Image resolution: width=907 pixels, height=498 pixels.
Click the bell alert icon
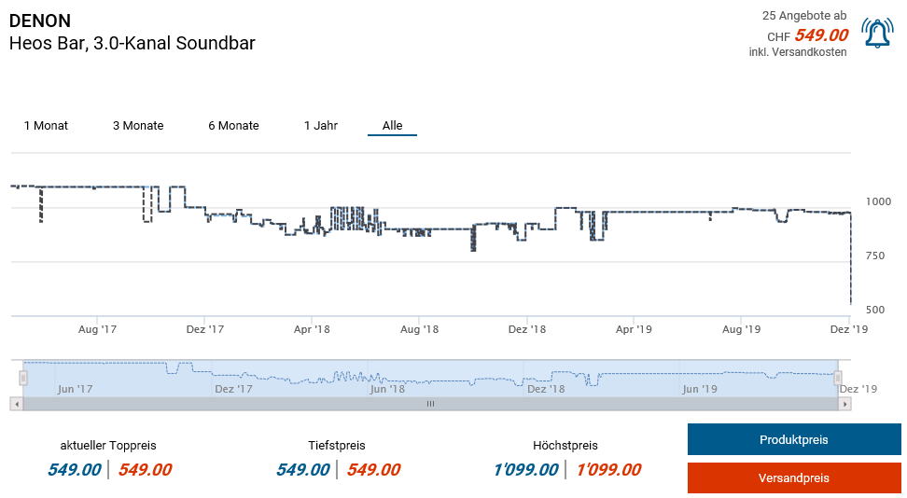877,34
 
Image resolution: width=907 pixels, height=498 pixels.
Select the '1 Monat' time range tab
46,126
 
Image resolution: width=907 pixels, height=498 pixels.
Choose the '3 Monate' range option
138,126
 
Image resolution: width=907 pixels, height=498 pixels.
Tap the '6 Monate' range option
233,126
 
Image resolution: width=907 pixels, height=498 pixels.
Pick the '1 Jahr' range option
321,126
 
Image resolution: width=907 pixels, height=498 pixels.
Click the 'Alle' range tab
392,126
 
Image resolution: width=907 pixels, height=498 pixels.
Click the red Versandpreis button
793,478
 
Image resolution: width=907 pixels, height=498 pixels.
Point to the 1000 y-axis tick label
878,201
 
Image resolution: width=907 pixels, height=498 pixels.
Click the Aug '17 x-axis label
97,329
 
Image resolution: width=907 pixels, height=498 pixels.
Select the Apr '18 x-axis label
312,329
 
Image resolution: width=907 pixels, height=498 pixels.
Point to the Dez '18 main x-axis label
526,329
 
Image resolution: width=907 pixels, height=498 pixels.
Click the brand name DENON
39,21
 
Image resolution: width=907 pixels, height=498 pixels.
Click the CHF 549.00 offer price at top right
820,35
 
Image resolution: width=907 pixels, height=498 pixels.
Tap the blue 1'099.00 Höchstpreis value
525,470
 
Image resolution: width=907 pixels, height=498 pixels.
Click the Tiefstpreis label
336,446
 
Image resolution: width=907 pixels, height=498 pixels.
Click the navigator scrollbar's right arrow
844,404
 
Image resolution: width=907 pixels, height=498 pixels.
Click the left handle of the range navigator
23,378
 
